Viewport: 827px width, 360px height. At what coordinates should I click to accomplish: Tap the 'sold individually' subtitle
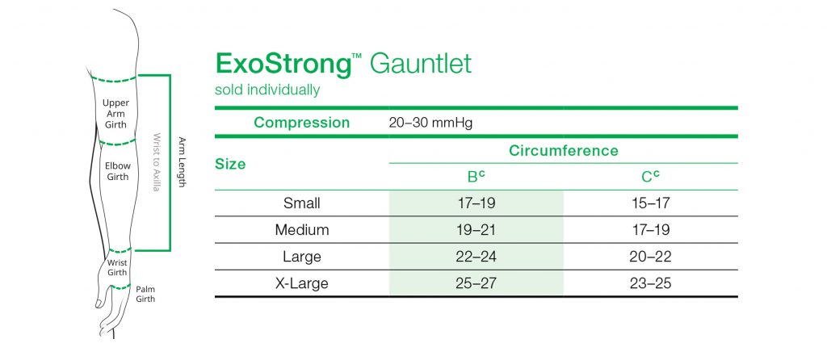point(267,90)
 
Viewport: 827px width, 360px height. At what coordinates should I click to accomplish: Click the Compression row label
point(301,123)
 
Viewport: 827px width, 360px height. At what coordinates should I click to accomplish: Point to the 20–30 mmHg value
point(430,123)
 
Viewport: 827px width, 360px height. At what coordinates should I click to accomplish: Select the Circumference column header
point(563,151)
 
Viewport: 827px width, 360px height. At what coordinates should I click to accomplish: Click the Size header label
point(230,164)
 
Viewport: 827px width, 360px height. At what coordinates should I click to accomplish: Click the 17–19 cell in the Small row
point(476,203)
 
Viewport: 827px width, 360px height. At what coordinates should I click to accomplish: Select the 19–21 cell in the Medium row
point(476,230)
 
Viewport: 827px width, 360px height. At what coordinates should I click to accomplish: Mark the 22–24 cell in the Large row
point(476,257)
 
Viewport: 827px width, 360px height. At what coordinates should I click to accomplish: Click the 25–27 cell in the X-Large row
point(476,283)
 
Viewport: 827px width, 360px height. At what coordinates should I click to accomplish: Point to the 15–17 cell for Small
point(650,203)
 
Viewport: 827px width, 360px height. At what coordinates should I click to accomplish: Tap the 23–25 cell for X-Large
point(650,283)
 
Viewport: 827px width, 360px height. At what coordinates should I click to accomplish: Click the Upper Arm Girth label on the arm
point(115,114)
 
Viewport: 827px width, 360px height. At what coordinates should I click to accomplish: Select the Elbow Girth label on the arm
point(118,172)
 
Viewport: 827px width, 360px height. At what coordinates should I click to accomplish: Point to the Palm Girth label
point(145,293)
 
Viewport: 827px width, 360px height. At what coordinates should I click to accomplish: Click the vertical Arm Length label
point(183,161)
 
